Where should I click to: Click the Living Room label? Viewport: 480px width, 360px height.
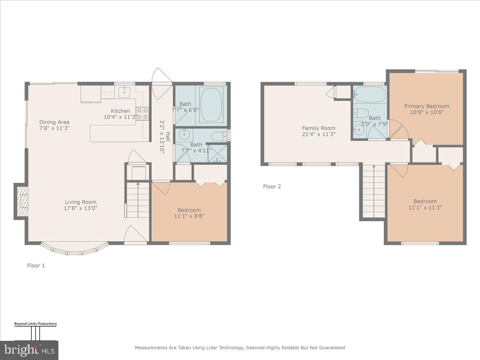coord(81,202)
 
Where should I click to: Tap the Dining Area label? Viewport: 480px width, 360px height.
coord(54,122)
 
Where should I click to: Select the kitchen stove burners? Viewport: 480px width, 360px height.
coord(142,114)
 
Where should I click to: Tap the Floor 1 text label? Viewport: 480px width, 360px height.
coord(36,265)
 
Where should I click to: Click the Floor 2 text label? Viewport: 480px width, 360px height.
coord(272,186)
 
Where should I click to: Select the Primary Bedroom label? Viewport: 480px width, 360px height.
coord(426,106)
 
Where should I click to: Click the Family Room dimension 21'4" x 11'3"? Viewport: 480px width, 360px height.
coord(319,134)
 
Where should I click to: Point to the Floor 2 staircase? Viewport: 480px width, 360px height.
coord(374,191)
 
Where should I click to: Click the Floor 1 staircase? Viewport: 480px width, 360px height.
coord(138,200)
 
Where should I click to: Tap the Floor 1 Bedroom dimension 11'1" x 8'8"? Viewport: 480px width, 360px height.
coord(189,216)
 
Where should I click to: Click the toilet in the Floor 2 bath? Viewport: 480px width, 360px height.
coord(361,113)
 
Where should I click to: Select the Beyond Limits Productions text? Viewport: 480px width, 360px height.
coord(36,324)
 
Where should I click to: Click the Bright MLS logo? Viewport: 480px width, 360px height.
coord(29,350)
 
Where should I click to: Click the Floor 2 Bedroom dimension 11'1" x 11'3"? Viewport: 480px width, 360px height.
coord(425,208)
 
